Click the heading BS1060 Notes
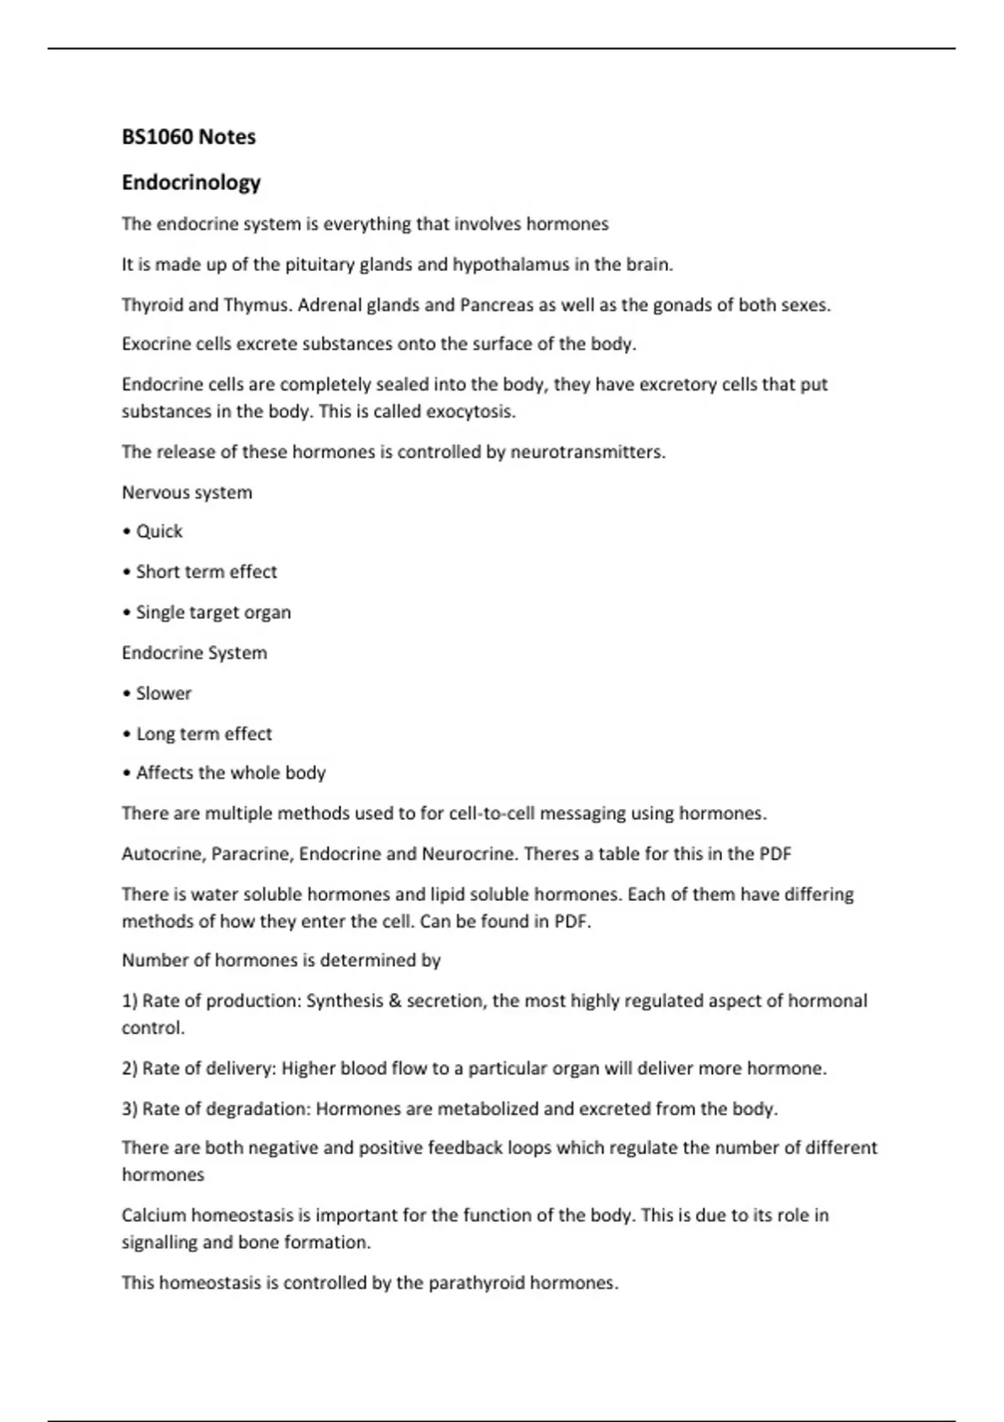click(x=188, y=137)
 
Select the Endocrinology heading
click(x=191, y=182)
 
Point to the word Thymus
click(x=257, y=305)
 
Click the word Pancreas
click(x=496, y=305)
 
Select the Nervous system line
click(x=187, y=493)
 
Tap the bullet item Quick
click(x=159, y=532)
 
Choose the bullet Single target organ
click(x=213, y=613)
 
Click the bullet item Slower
click(x=163, y=693)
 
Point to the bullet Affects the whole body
click(x=230, y=773)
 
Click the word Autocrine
click(x=162, y=854)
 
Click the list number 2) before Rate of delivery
click(x=130, y=1069)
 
